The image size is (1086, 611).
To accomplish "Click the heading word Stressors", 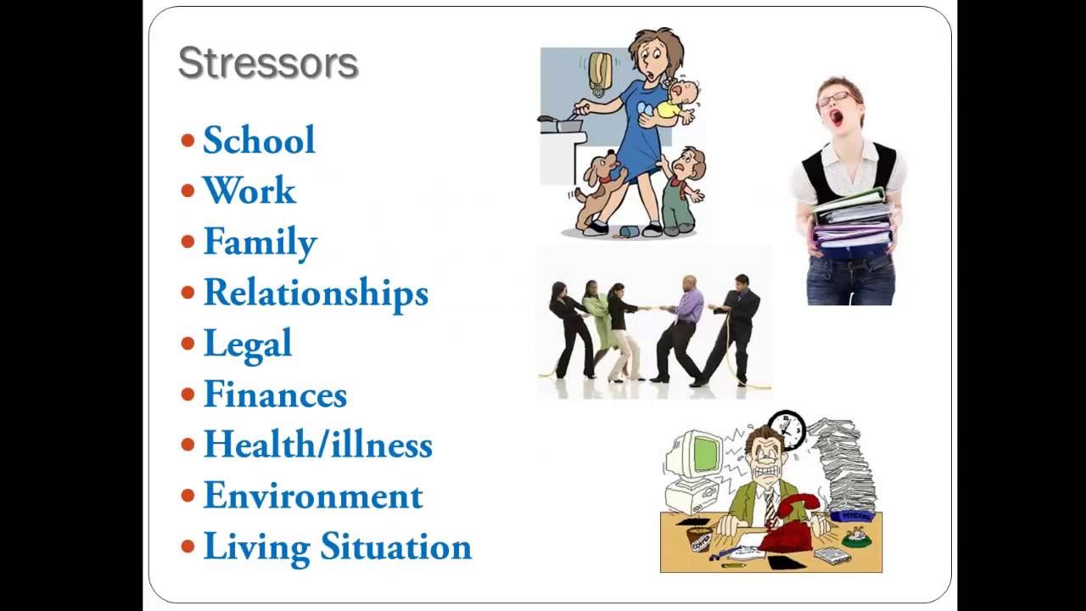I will click(268, 64).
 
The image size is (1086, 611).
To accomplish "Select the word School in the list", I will click(259, 140).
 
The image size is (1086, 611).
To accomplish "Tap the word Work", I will click(249, 191).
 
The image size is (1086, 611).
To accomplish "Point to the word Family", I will click(260, 243).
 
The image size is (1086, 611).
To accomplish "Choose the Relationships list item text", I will click(316, 293).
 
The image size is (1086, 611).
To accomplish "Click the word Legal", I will click(248, 344).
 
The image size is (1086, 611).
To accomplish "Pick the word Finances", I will click(275, 395).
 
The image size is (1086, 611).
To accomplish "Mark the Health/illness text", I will click(318, 445).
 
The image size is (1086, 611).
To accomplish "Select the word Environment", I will click(313, 496).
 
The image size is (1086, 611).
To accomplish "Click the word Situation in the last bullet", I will click(395, 547).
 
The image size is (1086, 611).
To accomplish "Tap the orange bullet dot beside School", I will click(188, 140).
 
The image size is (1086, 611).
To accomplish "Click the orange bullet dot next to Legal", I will click(188, 344).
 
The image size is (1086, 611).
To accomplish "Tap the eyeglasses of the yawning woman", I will click(834, 100).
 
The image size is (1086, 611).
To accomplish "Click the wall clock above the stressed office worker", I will click(787, 429).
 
